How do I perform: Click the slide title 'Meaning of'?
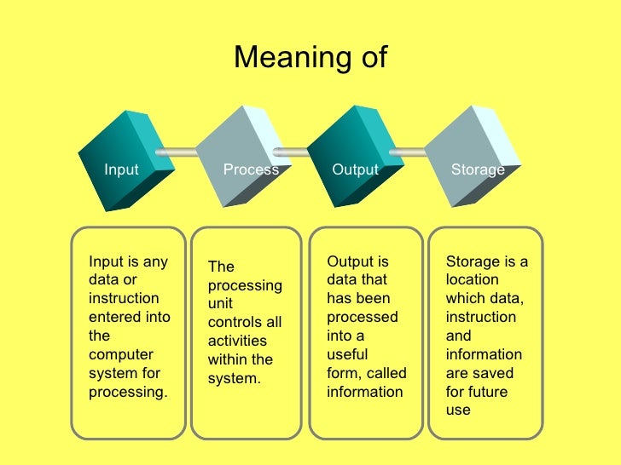(310, 58)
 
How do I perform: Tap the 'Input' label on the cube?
(121, 169)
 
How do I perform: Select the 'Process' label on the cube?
(251, 169)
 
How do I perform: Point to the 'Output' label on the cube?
(355, 169)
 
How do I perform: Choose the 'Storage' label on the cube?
(478, 169)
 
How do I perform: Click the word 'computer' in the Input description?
(121, 354)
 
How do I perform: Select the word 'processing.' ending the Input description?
(129, 392)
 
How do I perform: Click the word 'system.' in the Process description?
(234, 378)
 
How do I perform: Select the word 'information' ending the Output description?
(365, 392)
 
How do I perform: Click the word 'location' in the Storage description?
(473, 280)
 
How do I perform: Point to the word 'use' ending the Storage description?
(458, 410)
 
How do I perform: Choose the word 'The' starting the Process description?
(220, 267)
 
